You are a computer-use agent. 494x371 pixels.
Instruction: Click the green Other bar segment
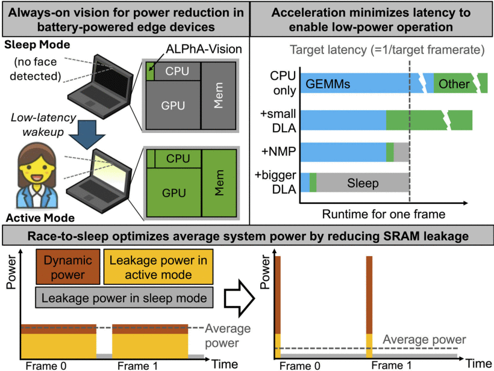click(454, 84)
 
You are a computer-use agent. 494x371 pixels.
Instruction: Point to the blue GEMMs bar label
click(330, 84)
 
